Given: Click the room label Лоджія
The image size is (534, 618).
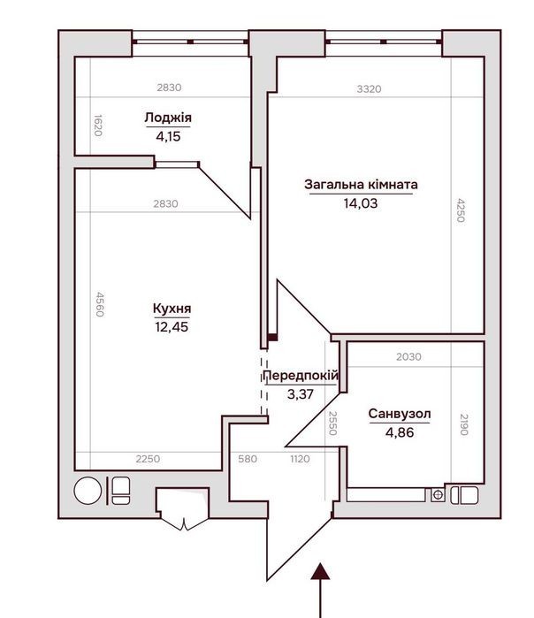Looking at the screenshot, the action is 168,118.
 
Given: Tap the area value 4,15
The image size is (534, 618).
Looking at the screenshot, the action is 168,136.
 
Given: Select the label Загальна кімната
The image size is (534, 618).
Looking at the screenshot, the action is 361,185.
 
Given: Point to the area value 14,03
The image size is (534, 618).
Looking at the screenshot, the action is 361,203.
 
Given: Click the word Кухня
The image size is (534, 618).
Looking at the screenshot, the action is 172,309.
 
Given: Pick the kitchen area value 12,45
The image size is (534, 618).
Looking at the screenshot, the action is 172,327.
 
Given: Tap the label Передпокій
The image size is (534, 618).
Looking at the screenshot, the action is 301,375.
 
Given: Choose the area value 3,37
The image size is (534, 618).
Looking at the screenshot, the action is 301,393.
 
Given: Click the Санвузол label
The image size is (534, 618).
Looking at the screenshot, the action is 400,414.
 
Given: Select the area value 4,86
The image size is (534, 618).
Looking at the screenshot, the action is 400,432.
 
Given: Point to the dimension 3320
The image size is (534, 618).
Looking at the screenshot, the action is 370,89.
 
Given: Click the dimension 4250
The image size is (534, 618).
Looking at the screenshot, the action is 461,210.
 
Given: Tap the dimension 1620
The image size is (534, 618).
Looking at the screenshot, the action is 98,126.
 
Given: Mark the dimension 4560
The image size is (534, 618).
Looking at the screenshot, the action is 100,304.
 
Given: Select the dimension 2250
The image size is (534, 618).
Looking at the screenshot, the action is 148,459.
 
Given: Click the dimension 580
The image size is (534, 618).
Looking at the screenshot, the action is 248,459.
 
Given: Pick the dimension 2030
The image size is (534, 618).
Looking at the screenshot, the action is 408,356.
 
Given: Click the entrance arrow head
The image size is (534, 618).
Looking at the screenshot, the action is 320,572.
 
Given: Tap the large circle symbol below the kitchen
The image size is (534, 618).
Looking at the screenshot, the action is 88,491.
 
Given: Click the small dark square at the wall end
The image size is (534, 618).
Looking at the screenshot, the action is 272,338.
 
